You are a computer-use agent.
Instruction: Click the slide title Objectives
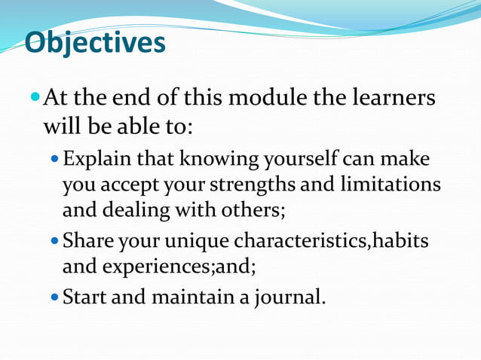(x=95, y=43)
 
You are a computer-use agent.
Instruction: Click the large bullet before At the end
(x=35, y=99)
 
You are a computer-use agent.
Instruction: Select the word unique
(x=198, y=242)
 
